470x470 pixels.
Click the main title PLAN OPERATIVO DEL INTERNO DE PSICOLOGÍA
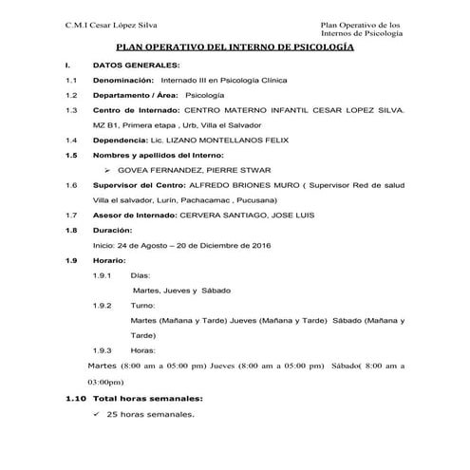pyautogui.click(x=235, y=47)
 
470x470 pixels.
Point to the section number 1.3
pyautogui.click(x=69, y=110)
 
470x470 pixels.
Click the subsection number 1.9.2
pyautogui.click(x=103, y=306)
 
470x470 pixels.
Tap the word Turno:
pyautogui.click(x=142, y=306)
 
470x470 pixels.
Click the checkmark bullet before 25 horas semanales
pyautogui.click(x=97, y=415)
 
